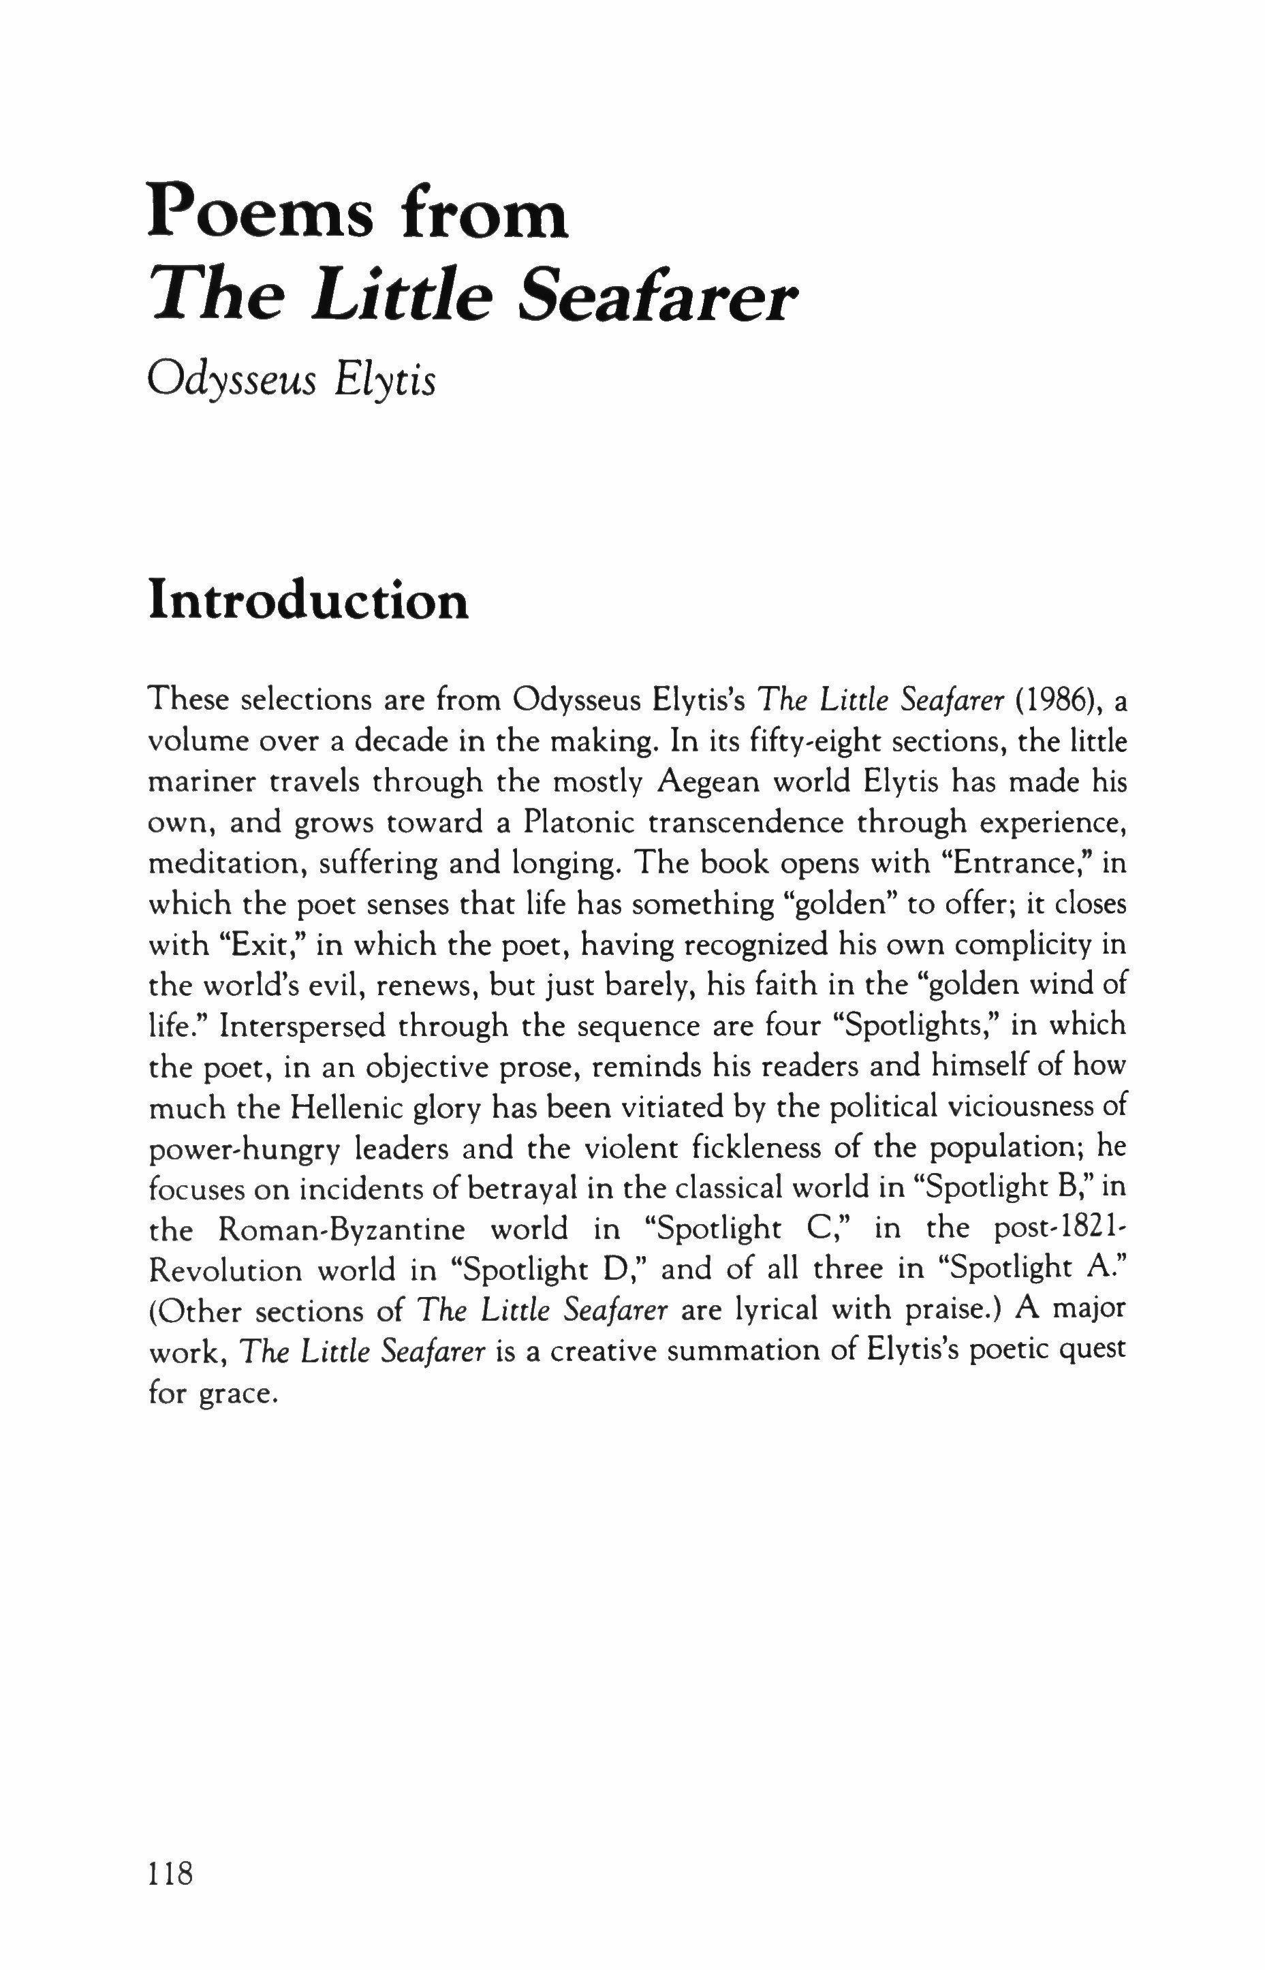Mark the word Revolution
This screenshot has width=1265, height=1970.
(x=224, y=1270)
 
